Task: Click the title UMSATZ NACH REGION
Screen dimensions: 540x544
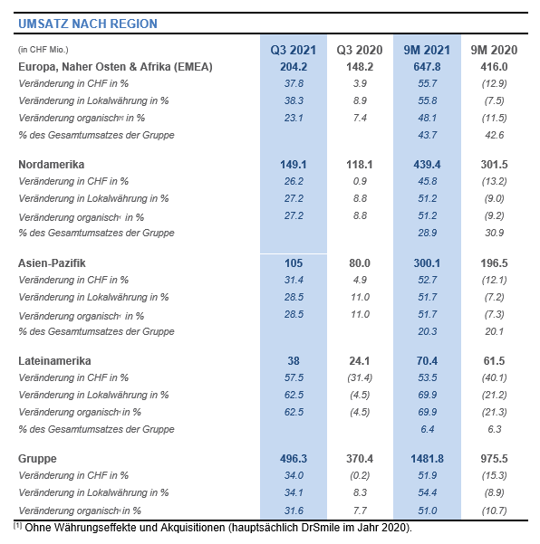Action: click(x=88, y=24)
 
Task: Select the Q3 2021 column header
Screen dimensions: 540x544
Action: click(x=294, y=50)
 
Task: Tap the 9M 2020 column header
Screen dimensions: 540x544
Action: click(x=494, y=50)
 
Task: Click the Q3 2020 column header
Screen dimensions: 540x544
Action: click(x=360, y=50)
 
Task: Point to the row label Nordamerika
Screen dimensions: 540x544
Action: click(x=52, y=165)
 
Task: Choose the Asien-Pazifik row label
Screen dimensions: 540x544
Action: click(x=52, y=263)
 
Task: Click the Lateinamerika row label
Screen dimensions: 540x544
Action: click(x=54, y=361)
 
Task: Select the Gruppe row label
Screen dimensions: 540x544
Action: click(x=37, y=459)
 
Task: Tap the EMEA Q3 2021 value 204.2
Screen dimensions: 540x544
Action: click(x=294, y=67)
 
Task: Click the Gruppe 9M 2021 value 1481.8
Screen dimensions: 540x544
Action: click(x=427, y=459)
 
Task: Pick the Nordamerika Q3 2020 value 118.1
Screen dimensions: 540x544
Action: click(x=360, y=165)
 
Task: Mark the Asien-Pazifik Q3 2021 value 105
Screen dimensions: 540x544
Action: click(x=294, y=263)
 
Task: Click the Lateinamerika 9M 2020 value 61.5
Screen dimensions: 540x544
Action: click(x=494, y=361)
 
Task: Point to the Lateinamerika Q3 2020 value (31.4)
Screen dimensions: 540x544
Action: click(x=360, y=377)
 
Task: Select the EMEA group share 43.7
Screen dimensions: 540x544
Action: click(x=427, y=135)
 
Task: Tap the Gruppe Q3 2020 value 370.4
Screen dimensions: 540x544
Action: click(x=360, y=459)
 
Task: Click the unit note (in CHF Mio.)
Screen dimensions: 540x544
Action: click(x=43, y=50)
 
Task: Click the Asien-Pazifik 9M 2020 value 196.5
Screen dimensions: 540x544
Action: click(x=494, y=263)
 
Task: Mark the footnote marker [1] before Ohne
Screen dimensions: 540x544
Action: click(x=18, y=526)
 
